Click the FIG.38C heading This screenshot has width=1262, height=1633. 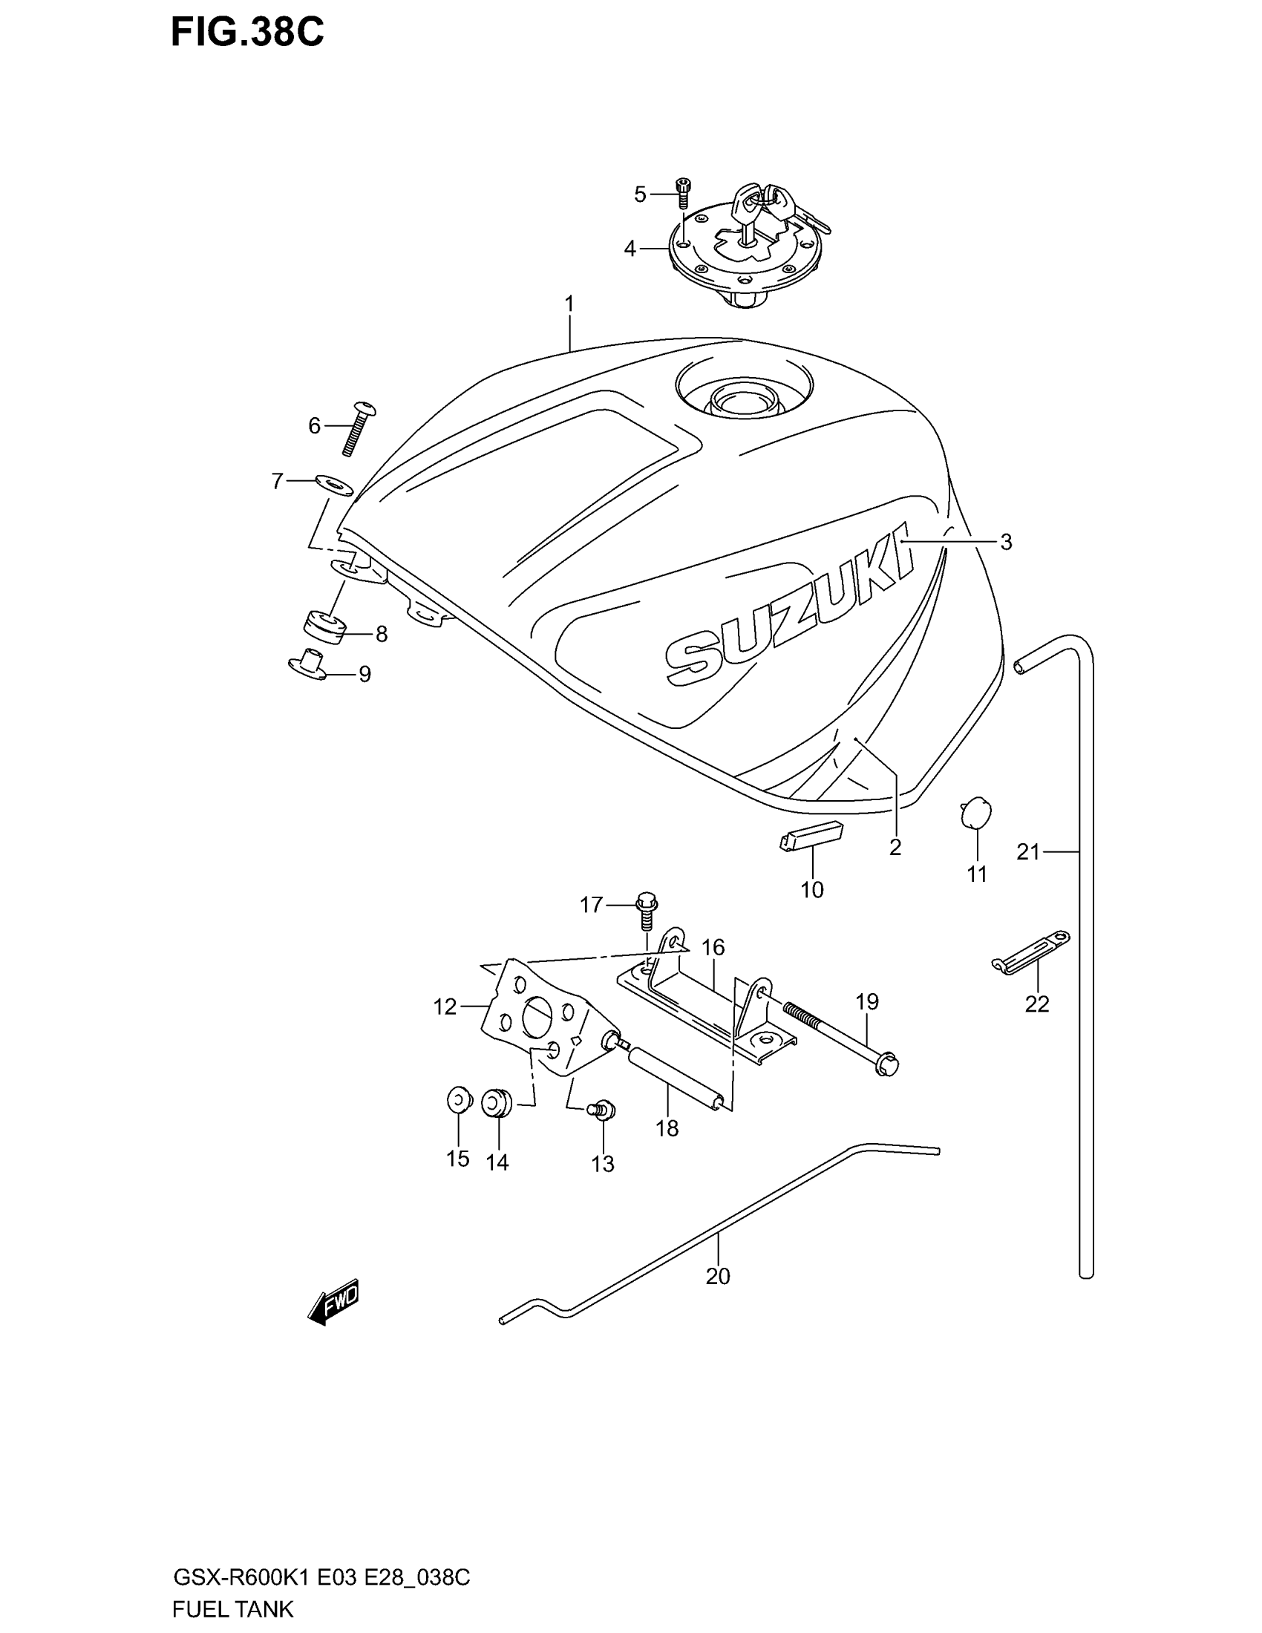coord(247,33)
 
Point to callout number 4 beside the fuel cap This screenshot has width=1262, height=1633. coord(630,249)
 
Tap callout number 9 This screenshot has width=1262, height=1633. coord(364,675)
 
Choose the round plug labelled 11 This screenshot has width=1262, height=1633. coord(975,813)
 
